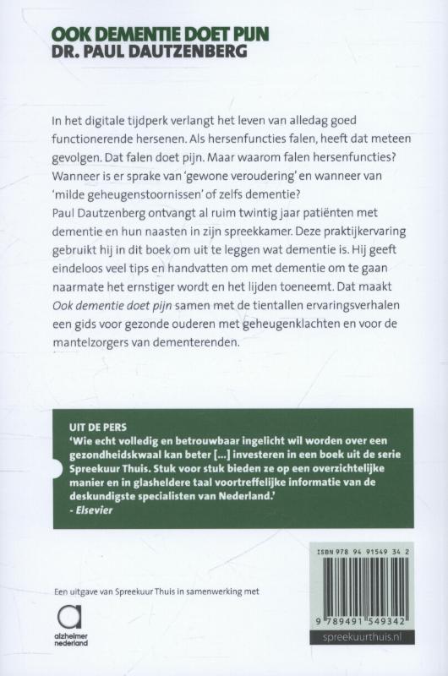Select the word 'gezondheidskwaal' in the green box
point(113,445)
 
